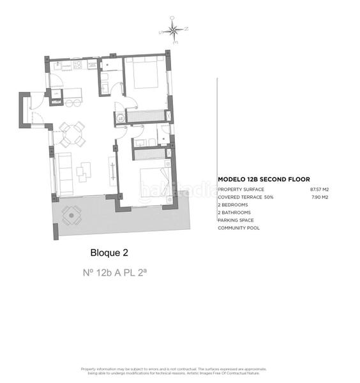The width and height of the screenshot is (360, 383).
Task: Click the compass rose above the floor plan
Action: (x=173, y=29)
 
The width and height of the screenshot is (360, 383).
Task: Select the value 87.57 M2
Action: (x=319, y=190)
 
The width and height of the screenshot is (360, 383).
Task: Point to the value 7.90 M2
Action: (x=320, y=197)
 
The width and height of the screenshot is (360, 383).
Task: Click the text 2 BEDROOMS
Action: (x=234, y=205)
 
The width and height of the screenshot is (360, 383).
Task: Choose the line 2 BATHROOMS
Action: (x=235, y=213)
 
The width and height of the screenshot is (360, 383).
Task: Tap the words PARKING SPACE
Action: (x=236, y=220)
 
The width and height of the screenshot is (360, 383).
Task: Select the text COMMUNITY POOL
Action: (x=239, y=228)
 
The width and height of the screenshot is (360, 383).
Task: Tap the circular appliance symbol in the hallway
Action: (x=120, y=117)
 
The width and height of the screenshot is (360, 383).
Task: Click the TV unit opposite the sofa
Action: (x=112, y=171)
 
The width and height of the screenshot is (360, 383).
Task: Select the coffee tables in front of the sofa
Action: (x=84, y=169)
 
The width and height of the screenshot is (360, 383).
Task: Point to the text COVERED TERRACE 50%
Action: (x=245, y=197)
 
